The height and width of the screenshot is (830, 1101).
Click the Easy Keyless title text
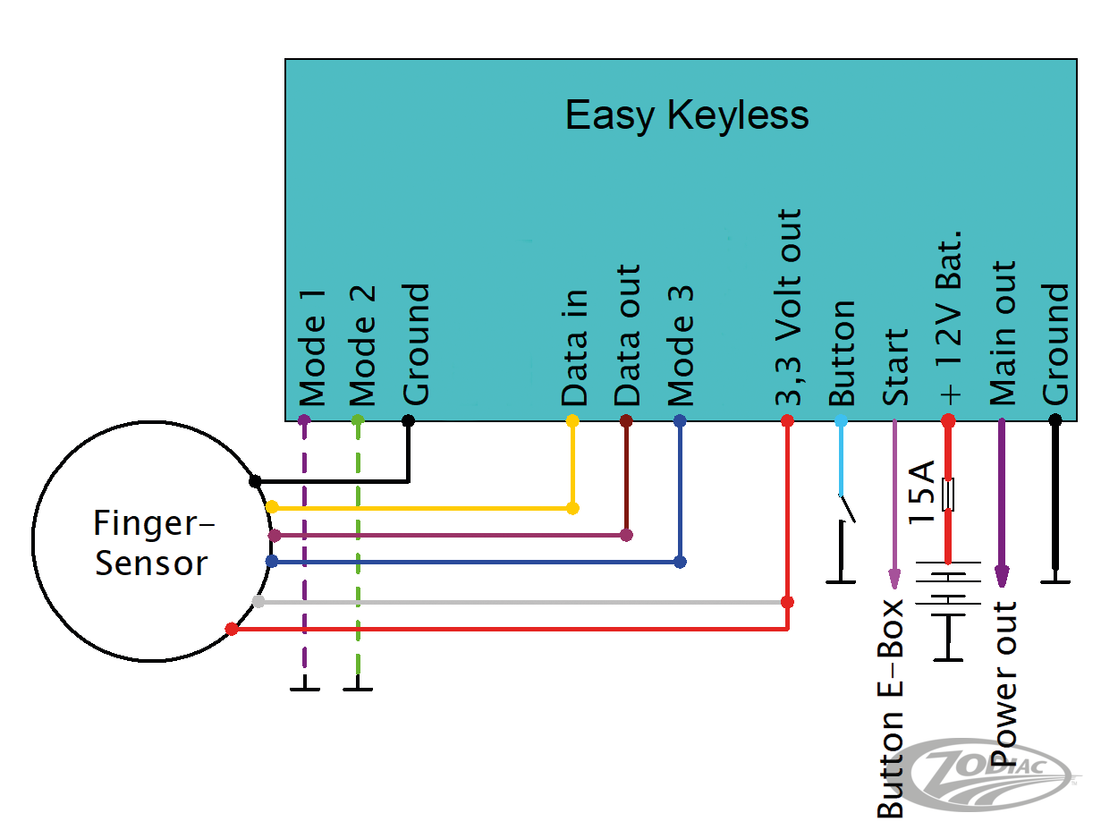click(687, 115)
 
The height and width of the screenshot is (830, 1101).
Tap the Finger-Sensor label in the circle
click(151, 542)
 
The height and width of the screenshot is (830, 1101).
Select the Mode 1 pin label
click(312, 347)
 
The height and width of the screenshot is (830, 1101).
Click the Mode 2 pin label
click(363, 347)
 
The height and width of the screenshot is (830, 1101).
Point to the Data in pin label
click(574, 347)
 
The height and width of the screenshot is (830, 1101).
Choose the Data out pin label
click(628, 335)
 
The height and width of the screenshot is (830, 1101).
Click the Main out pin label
click(1003, 333)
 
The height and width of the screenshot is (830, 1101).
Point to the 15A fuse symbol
click(949, 495)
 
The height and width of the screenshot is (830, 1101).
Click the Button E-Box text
click(891, 709)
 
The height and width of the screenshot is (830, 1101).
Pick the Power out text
click(1005, 684)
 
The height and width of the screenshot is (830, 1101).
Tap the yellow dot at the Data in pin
click(572, 420)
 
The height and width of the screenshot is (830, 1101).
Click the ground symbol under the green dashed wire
click(358, 688)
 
